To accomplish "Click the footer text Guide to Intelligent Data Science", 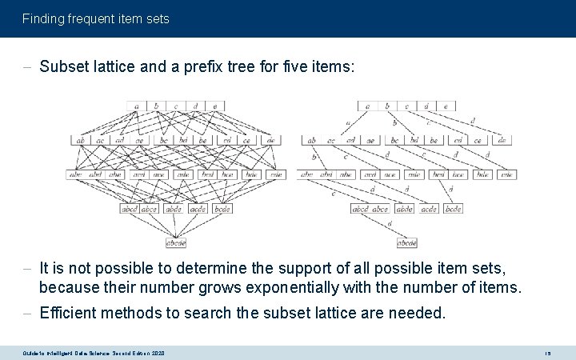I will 72,353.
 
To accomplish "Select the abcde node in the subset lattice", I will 176,242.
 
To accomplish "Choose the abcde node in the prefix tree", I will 407,242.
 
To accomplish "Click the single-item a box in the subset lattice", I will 137,105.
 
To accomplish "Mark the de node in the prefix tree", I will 502,140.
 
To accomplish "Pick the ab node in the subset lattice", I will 81,140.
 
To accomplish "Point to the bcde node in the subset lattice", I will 222,209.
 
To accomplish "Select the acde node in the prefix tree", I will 430,209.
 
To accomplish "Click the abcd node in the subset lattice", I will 130,209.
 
